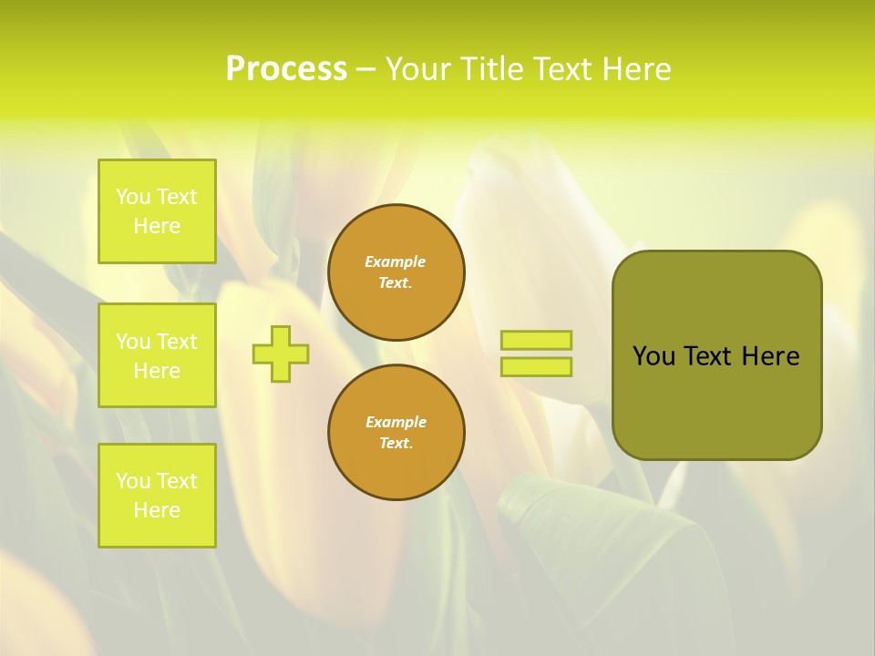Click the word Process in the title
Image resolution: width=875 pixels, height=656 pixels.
coord(286,69)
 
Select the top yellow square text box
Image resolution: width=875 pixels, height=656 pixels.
coord(157,211)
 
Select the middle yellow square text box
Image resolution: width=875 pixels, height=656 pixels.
coord(157,355)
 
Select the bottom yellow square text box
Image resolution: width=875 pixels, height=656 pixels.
coord(157,496)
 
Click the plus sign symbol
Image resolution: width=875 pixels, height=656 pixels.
coord(281,354)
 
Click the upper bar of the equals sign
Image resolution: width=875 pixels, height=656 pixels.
coord(536,340)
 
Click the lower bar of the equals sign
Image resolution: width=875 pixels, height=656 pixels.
coord(536,366)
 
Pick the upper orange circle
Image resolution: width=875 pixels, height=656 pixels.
coord(396,272)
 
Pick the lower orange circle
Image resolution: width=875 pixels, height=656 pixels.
coord(396,432)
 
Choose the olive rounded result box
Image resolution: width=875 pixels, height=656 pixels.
coord(716,355)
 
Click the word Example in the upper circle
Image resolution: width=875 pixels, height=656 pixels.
coord(396,261)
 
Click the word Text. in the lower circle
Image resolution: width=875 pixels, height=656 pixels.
coord(396,443)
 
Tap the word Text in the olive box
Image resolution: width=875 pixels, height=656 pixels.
coord(707,356)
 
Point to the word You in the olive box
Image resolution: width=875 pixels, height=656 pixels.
coord(653,356)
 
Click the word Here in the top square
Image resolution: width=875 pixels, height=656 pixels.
coord(157,226)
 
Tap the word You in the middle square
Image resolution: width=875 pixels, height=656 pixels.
coord(133,342)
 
